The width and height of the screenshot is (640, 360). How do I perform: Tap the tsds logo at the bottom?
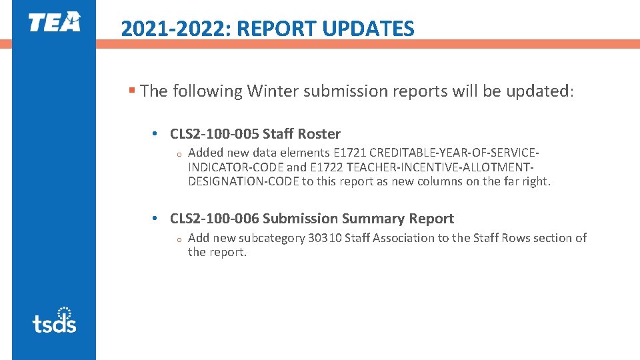[x=54, y=320]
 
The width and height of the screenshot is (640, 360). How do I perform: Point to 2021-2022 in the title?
[x=175, y=29]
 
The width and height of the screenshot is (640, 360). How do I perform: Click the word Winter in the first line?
[x=273, y=91]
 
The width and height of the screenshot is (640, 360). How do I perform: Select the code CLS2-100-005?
[x=215, y=134]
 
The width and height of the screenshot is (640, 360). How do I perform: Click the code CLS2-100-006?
[x=215, y=219]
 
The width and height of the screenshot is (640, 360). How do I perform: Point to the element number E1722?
[x=327, y=167]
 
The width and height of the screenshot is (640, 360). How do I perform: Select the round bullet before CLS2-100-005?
[x=154, y=135]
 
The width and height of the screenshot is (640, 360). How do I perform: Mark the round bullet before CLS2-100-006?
[x=154, y=219]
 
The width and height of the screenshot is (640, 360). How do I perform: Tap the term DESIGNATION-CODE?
[x=244, y=181]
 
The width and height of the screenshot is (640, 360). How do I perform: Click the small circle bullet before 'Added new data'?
[x=179, y=155]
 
